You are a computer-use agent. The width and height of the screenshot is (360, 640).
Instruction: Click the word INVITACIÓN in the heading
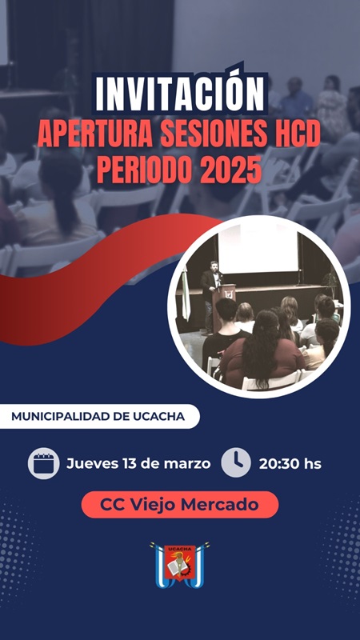179,94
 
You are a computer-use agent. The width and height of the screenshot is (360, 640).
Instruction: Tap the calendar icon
44,463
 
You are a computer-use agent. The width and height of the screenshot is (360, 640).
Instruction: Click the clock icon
236,462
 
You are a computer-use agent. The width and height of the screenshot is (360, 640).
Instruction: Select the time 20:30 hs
290,463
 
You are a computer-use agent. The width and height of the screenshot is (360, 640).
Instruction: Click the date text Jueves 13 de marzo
138,463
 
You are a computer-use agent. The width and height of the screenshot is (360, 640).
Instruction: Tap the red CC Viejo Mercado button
179,505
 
